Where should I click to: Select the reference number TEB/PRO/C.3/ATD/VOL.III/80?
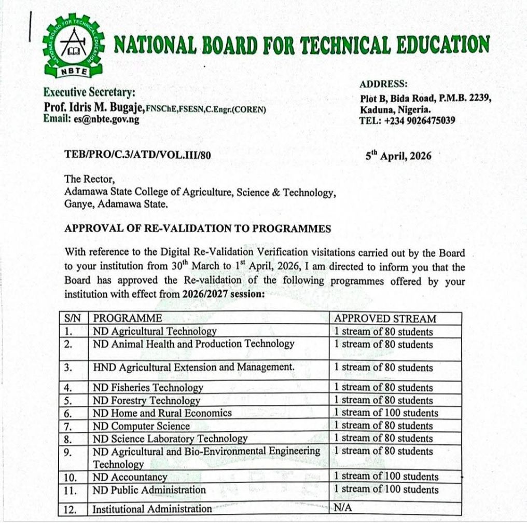pos(137,155)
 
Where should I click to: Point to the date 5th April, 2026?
pos(398,156)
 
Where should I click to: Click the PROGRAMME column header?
pos(128,318)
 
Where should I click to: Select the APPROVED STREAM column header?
pos(385,319)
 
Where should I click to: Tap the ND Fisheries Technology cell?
pos(148,387)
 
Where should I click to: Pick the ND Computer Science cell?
pos(142,426)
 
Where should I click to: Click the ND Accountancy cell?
pos(130,477)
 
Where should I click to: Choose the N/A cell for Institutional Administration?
pos(343,508)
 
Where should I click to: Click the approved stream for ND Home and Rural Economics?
pos(386,413)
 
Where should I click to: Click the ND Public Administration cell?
pos(149,489)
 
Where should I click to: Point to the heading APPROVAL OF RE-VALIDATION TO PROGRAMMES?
pos(198,229)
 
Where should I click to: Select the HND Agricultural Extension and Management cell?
pos(193,367)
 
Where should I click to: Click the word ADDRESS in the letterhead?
pos(383,85)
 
